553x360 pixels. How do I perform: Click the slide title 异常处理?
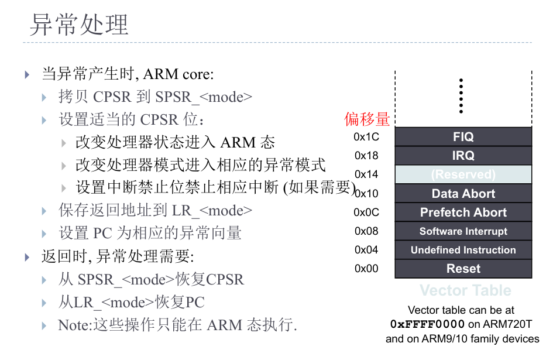[x=79, y=25]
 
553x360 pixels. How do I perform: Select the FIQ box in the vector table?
[x=463, y=137]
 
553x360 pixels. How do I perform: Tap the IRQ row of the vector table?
[x=463, y=156]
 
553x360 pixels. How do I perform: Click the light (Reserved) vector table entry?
[x=463, y=174]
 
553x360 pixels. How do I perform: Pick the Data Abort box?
[x=463, y=194]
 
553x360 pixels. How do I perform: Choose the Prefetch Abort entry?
[x=463, y=212]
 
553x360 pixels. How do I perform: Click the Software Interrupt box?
[x=463, y=231]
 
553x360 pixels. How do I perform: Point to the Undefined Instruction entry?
[x=463, y=250]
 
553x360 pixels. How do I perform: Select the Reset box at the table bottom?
[x=463, y=269]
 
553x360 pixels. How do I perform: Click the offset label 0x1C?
[x=366, y=137]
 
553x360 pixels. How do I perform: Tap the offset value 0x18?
[x=366, y=156]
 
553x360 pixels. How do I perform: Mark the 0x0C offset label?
[x=366, y=212]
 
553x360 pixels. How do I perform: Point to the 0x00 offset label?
[x=366, y=269]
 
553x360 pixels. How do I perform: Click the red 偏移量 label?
[x=367, y=119]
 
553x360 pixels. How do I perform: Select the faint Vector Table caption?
[x=465, y=290]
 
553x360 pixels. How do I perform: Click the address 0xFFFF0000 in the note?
[x=427, y=324]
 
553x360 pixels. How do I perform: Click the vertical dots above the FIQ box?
[x=461, y=96]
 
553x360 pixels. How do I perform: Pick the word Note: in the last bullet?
[x=75, y=325]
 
